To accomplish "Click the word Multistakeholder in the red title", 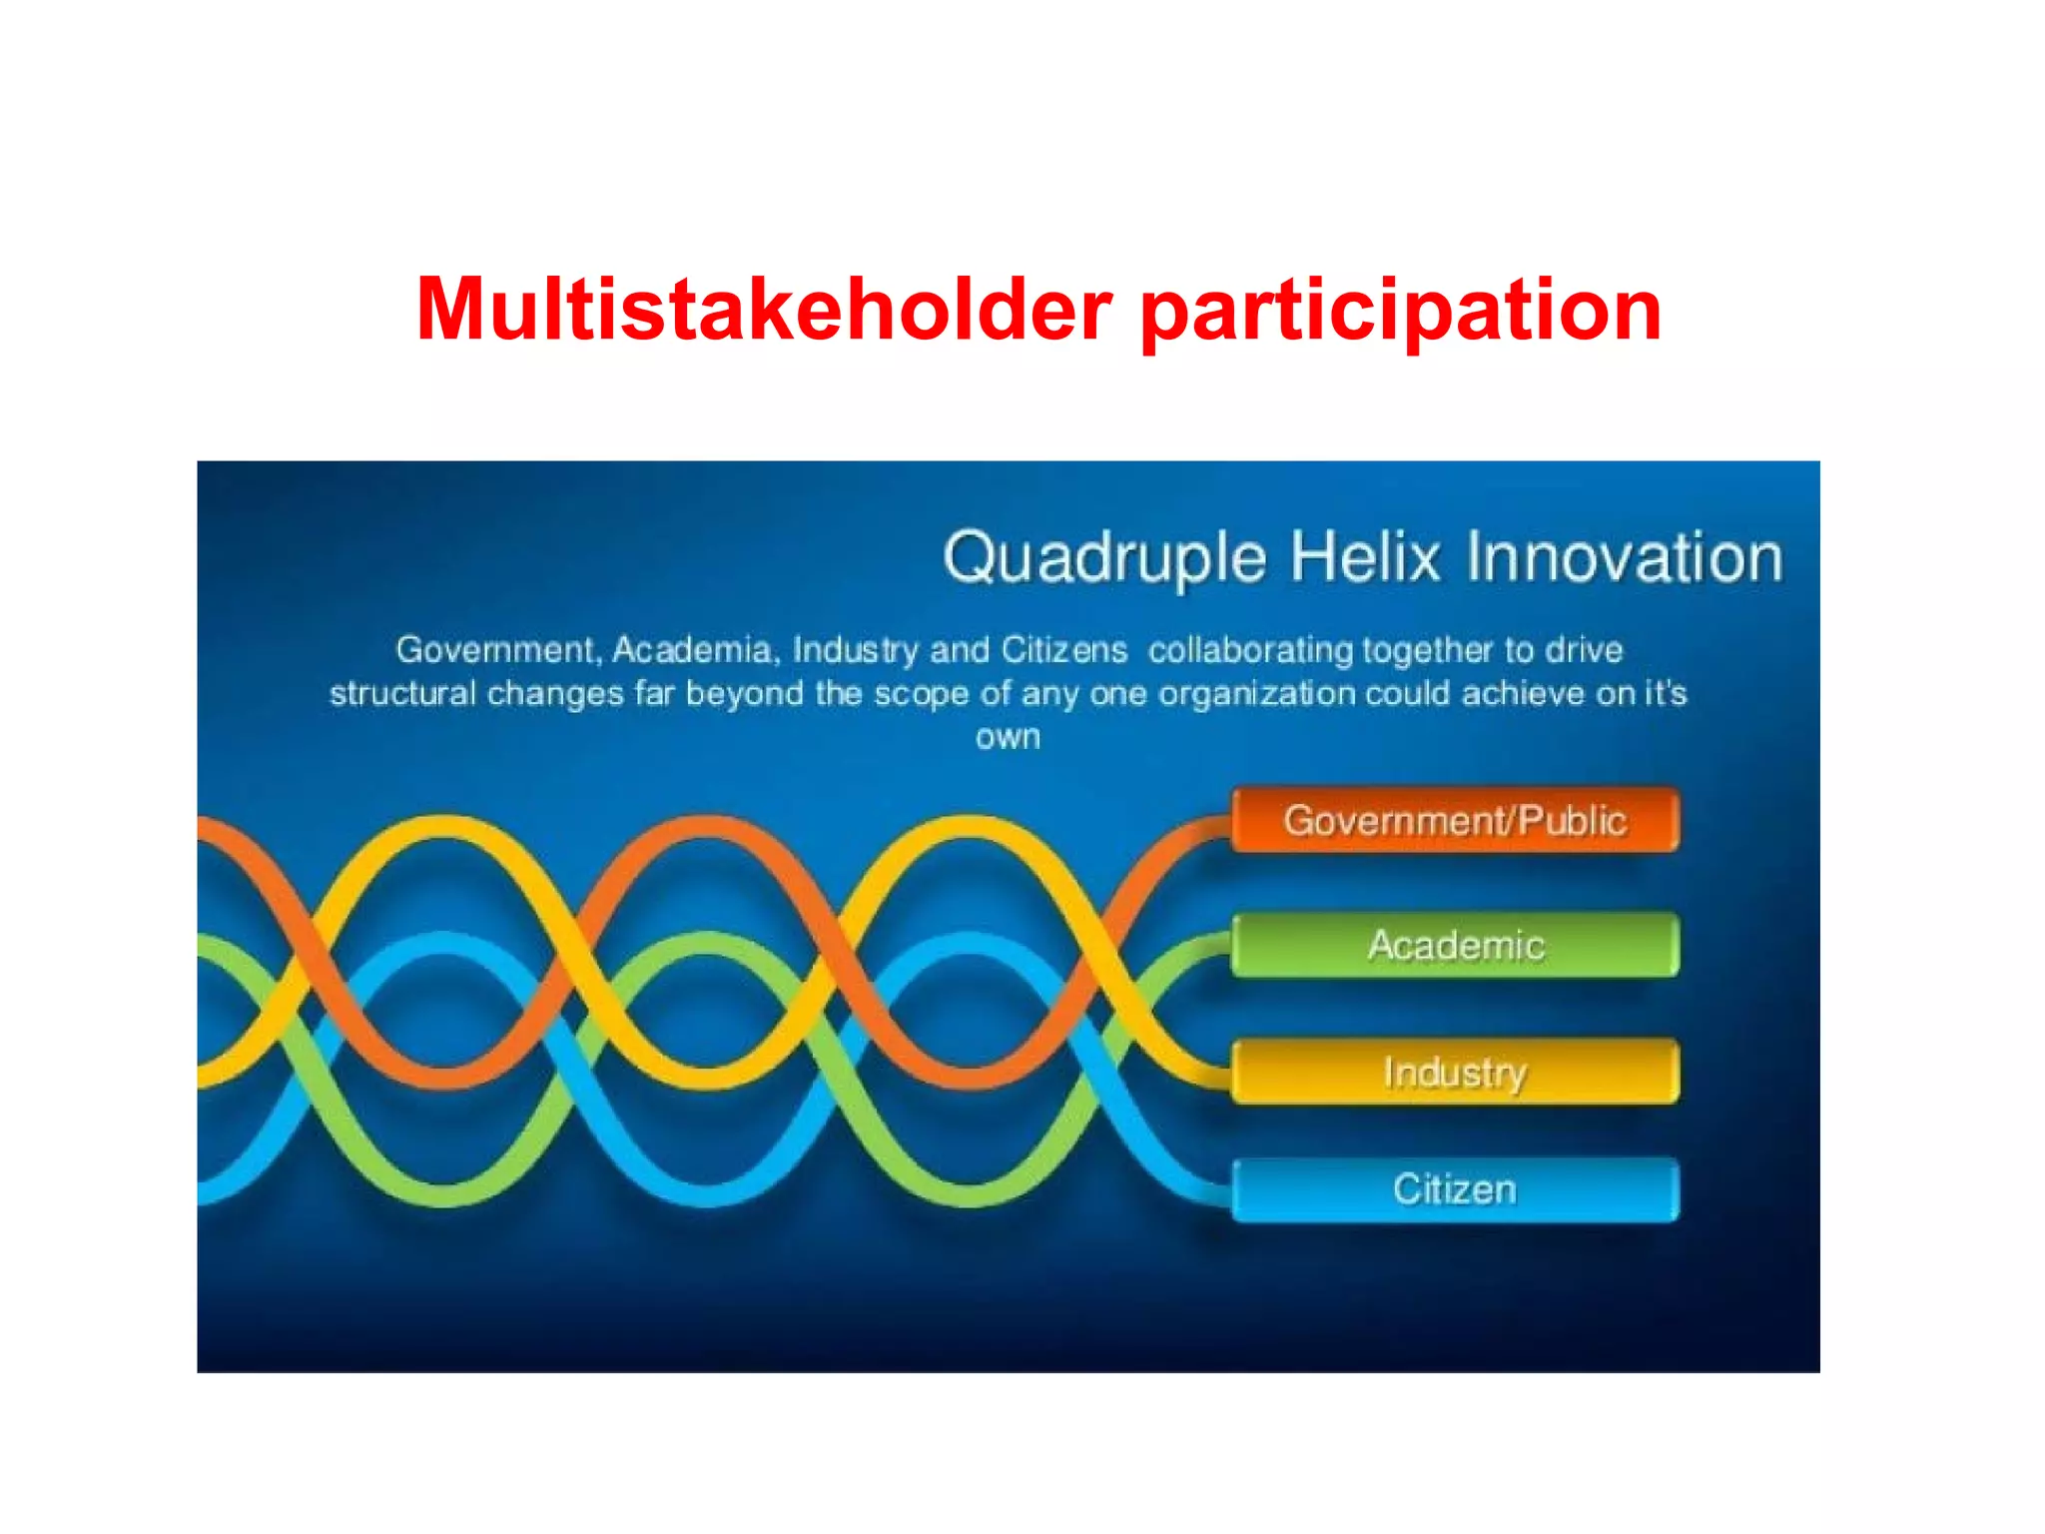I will tap(764, 310).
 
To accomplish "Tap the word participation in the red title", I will tap(1400, 312).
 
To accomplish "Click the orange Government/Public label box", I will tap(1455, 821).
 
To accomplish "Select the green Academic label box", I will tap(1455, 945).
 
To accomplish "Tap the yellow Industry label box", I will tap(1455, 1072).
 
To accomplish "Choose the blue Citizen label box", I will tap(1455, 1189).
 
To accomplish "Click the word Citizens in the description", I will tap(1063, 650).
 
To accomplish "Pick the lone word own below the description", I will tap(1008, 738).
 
